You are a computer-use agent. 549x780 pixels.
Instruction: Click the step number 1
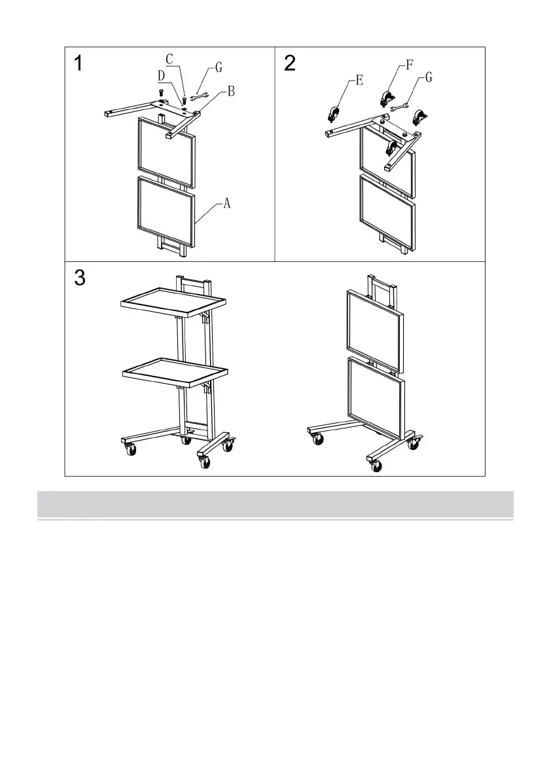79,64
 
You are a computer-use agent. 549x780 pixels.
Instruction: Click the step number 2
290,64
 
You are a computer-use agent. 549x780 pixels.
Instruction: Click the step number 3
79,278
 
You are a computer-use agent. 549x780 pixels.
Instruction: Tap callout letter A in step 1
226,203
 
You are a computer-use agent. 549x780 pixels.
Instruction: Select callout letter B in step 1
231,92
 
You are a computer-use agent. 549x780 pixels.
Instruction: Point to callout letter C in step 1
169,60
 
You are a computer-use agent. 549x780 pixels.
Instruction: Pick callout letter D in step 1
162,76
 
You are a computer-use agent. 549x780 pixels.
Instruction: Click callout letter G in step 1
219,67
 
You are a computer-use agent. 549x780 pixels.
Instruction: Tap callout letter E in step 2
359,80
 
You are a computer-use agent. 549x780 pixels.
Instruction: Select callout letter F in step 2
410,65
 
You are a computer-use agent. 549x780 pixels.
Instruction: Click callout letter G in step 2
429,77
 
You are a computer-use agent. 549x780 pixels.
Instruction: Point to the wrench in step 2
399,107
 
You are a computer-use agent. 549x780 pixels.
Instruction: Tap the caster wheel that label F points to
385,98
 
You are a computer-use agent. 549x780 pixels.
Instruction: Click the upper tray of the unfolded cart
173,302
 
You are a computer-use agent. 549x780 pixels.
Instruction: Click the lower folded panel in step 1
166,212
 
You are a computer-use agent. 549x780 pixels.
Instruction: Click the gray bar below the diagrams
275,504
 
